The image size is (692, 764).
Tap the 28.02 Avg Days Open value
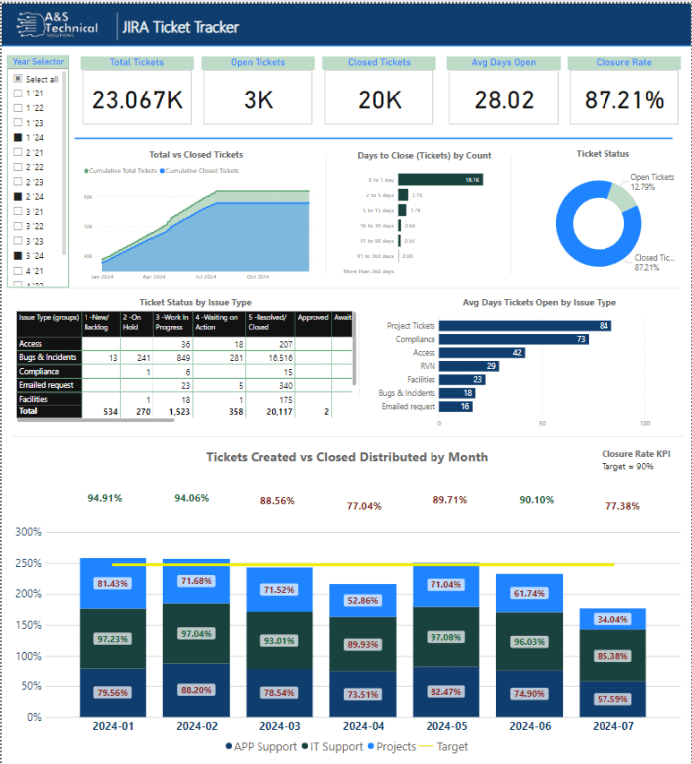click(x=504, y=100)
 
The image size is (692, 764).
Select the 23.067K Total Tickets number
click(x=136, y=100)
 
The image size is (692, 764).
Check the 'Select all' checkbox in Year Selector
click(x=17, y=79)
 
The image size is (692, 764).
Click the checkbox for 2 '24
click(x=17, y=197)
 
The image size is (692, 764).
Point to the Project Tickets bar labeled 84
click(x=525, y=325)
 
